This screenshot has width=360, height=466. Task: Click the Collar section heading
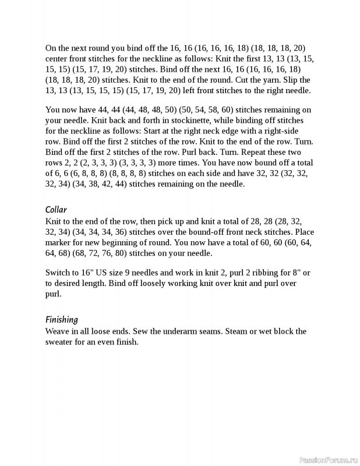(56, 210)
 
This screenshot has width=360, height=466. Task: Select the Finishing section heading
(61, 320)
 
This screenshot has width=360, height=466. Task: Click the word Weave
(58, 331)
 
